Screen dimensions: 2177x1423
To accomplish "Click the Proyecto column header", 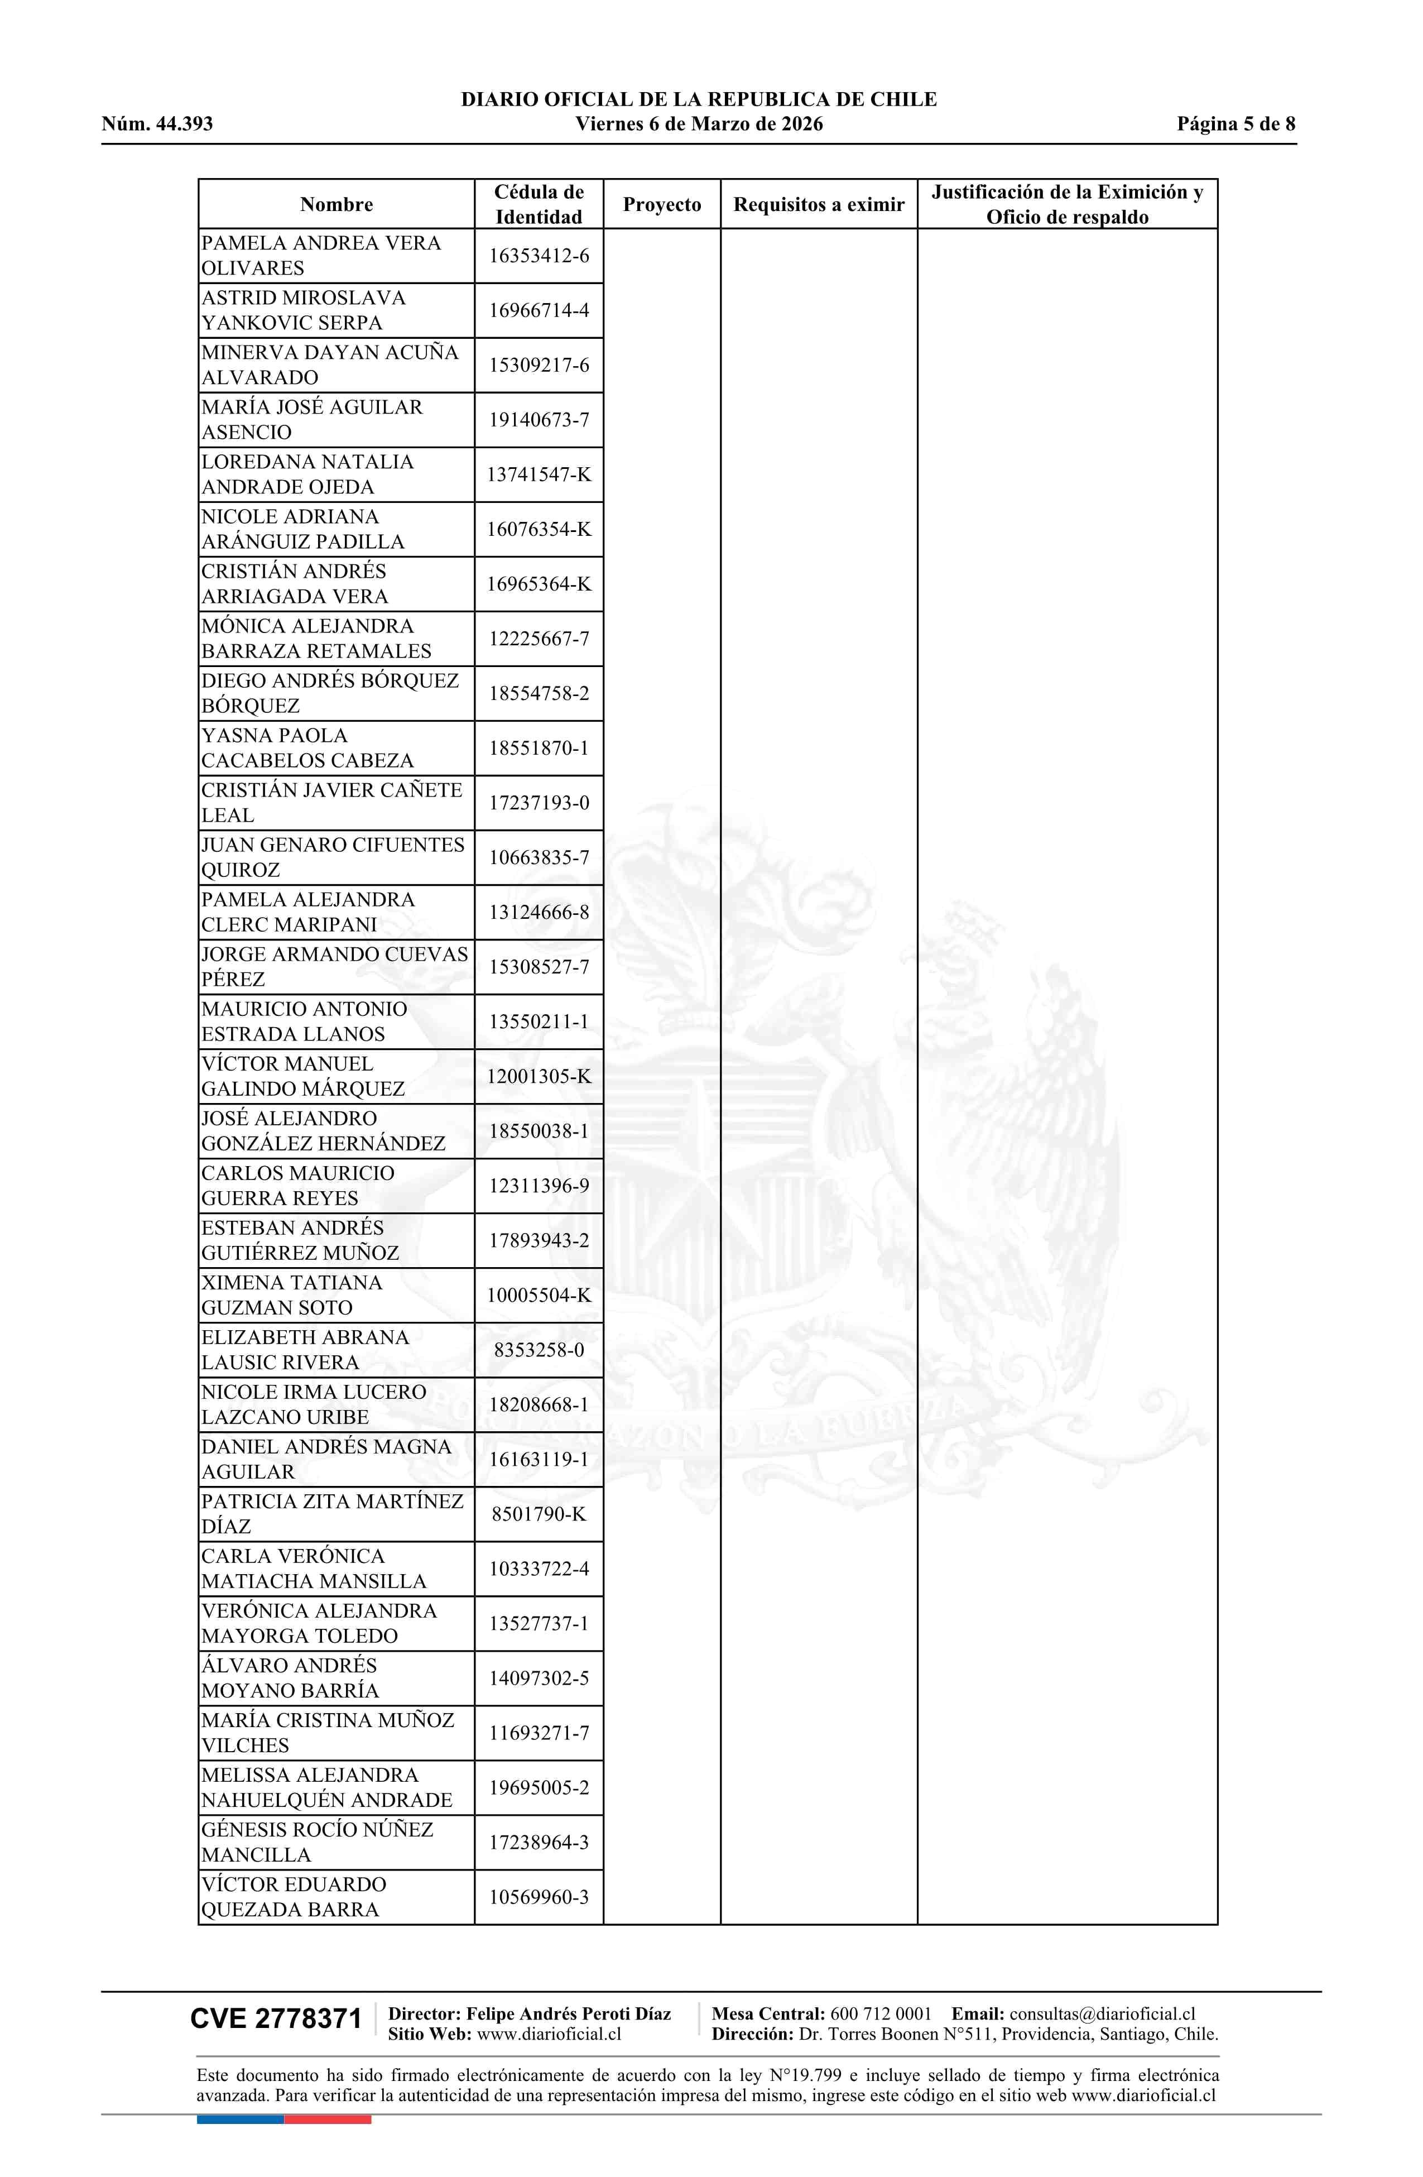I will click(x=661, y=204).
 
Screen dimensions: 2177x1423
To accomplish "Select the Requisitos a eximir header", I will click(x=819, y=204).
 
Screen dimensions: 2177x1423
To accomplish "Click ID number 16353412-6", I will click(x=539, y=255).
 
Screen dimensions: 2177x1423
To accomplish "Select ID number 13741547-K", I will click(x=539, y=474).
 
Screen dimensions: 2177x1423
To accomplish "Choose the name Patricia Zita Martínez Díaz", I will click(x=332, y=1514).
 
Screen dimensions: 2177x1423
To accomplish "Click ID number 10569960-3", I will click(x=539, y=1897).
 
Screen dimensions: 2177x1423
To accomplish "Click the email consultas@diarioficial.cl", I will click(x=1102, y=2013).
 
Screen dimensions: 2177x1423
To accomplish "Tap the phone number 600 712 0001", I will click(x=880, y=2013).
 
